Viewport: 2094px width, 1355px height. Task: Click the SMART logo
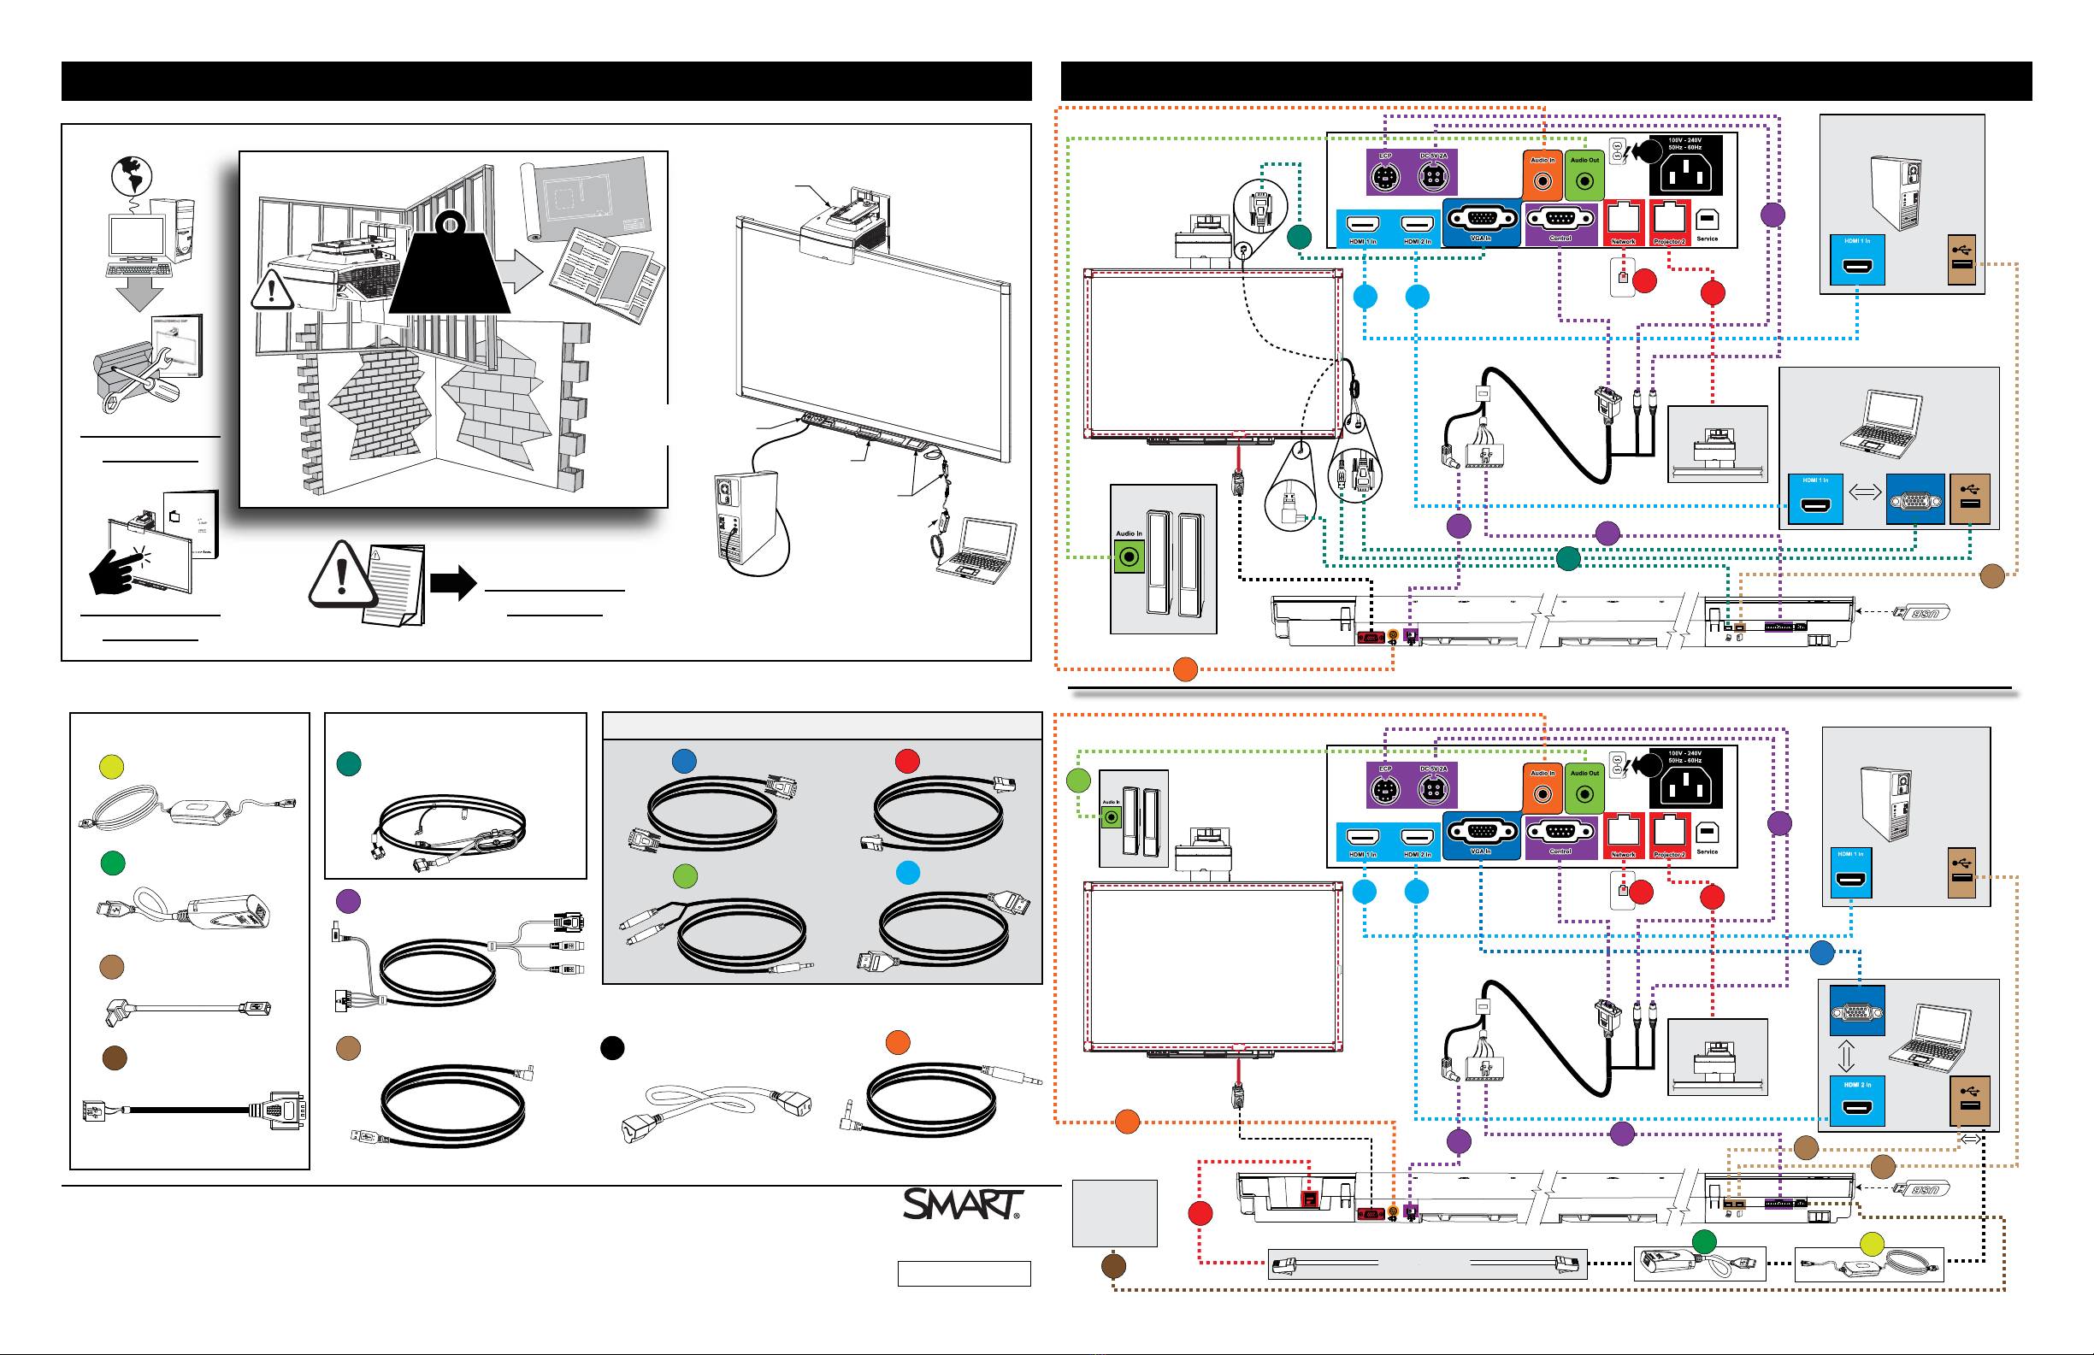click(962, 1204)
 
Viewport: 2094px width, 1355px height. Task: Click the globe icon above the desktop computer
click(132, 176)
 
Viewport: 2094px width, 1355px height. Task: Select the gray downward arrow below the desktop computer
click(139, 294)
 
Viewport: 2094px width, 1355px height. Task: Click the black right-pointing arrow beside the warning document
click(453, 581)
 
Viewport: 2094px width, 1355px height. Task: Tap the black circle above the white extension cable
click(612, 1047)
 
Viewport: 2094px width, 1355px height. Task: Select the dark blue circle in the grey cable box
click(684, 761)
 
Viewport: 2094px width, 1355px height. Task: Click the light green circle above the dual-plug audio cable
click(685, 875)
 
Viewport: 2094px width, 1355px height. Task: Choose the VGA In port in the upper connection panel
click(1482, 219)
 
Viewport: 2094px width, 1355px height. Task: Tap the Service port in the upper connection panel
click(1707, 221)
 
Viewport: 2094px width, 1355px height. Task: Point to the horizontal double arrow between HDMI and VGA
click(1864, 492)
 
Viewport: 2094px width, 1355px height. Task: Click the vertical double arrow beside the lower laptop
click(1846, 1055)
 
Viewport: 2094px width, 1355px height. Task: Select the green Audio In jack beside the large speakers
click(1129, 556)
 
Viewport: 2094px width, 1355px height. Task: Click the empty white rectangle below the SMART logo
click(964, 1273)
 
